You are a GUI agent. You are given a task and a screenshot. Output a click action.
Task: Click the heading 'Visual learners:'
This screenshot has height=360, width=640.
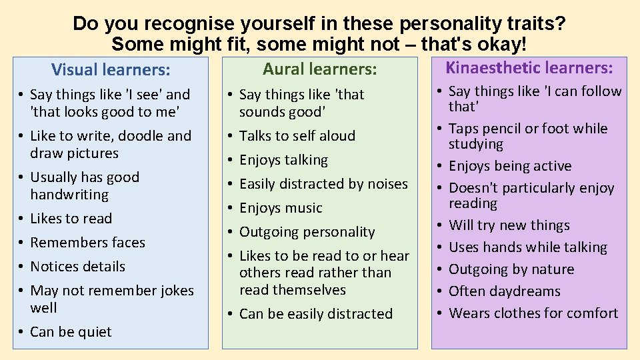click(110, 69)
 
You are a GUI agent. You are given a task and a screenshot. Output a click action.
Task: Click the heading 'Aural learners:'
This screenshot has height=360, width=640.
click(319, 69)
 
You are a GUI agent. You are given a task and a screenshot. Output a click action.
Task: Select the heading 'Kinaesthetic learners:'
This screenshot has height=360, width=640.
click(529, 67)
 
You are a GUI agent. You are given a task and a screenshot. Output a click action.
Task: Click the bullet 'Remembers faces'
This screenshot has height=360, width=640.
click(87, 243)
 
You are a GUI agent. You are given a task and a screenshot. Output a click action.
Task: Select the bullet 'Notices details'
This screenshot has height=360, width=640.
click(77, 267)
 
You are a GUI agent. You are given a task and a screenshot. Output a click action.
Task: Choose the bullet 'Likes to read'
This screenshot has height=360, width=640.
click(71, 219)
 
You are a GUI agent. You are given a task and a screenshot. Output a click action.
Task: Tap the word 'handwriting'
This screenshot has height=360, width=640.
click(69, 195)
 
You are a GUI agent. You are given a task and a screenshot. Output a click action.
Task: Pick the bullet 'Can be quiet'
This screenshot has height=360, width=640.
click(71, 332)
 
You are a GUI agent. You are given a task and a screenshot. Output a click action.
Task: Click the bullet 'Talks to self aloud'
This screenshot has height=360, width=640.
click(297, 136)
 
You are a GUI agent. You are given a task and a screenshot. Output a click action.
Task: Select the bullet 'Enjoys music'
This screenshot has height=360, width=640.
click(281, 208)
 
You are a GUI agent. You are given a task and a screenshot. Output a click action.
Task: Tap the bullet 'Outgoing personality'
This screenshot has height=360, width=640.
click(307, 232)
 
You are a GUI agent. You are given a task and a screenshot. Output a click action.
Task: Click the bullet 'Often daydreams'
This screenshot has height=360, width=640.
click(504, 291)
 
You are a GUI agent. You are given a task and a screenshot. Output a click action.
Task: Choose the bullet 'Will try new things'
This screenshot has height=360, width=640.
click(509, 225)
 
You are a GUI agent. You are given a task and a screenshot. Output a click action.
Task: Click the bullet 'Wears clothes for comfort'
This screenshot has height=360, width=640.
click(533, 313)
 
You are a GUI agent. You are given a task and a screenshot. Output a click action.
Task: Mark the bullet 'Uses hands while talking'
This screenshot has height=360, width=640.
click(528, 247)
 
